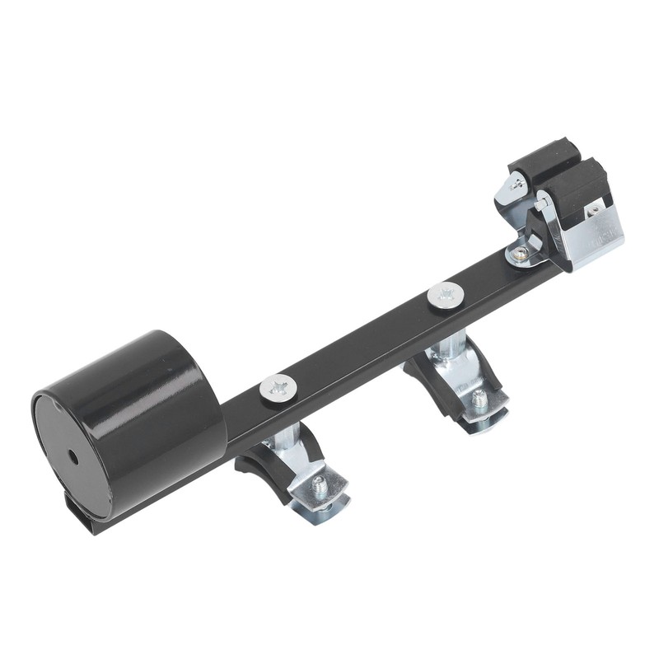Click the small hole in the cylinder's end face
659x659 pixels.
[73, 456]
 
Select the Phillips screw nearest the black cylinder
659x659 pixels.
[278, 387]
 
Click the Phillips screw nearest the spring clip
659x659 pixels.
[446, 295]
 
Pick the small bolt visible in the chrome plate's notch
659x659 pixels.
[592, 211]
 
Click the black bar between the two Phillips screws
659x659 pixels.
[362, 342]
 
